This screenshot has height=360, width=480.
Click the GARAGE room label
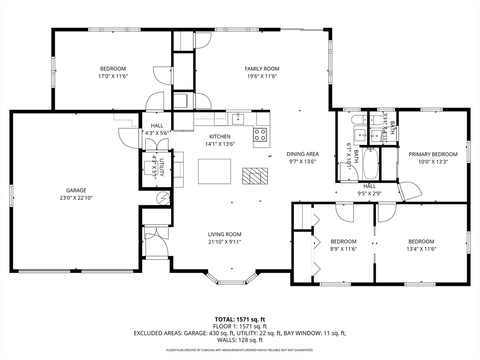point(76,190)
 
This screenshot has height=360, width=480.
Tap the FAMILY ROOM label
point(262,69)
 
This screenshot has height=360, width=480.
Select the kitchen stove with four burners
point(260,135)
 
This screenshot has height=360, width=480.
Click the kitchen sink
point(238,119)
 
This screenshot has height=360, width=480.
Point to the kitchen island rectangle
point(215,171)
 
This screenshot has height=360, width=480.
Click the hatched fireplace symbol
point(255,176)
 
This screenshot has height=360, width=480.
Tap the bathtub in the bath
point(370,164)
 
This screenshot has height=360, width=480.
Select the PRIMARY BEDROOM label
point(433,154)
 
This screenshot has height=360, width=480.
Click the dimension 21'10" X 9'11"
point(225,242)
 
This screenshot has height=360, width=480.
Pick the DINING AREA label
point(302,154)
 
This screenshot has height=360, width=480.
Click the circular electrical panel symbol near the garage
point(163,198)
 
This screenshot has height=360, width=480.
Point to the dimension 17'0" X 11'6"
point(113,76)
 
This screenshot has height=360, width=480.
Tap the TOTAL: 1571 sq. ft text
point(240,320)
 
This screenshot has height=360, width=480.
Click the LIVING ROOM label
point(225,234)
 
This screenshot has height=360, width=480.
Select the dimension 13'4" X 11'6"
point(421,249)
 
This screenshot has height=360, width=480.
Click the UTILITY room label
point(162,168)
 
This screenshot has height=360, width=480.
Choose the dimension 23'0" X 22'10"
point(76,198)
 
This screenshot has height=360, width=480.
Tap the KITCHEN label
point(220,136)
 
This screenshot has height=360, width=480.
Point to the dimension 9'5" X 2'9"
point(369,194)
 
